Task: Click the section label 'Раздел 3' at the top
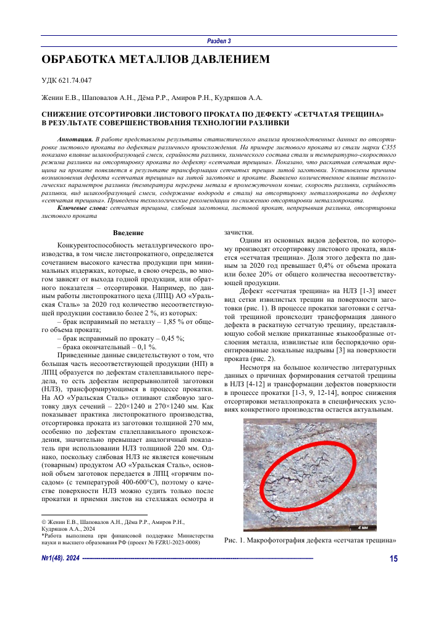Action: pos(219,41)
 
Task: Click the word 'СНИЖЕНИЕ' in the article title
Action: pos(64,114)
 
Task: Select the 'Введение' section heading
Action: pos(129,232)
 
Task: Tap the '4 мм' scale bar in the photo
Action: pos(364,527)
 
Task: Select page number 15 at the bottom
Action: pos(394,559)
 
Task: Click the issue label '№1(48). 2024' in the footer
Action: pos(61,559)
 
